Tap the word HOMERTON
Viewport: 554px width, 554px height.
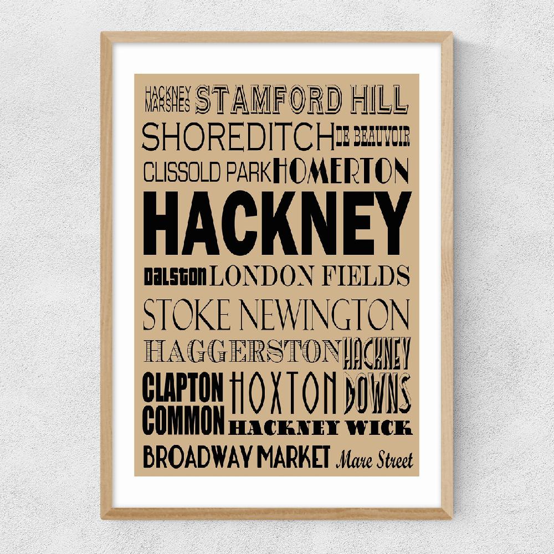coord(341,171)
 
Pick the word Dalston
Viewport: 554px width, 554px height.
coord(176,275)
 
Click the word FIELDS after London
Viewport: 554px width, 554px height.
coord(373,275)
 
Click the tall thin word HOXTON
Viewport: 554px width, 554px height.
coord(283,392)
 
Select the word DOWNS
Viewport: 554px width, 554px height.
coord(377,393)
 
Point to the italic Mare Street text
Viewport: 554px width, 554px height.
coord(375,459)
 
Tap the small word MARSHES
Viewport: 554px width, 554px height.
coord(167,102)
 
